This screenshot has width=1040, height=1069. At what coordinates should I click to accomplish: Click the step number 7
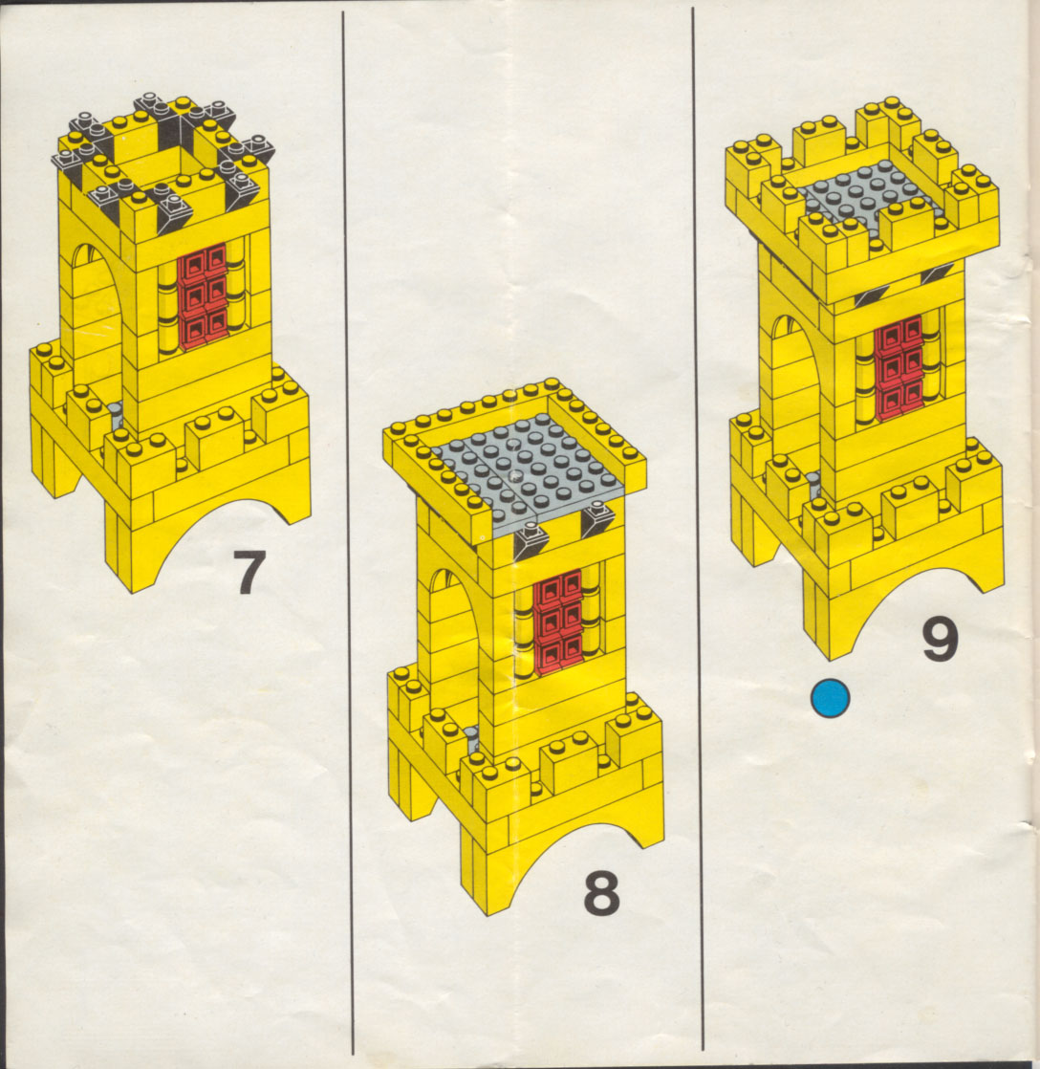tap(249, 572)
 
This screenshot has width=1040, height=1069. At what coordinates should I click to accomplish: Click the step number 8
tap(602, 892)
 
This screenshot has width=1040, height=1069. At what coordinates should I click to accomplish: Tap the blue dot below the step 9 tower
tap(830, 698)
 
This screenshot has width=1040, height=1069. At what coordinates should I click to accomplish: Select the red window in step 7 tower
tap(203, 295)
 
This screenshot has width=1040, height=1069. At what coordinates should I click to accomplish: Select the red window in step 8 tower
tap(559, 621)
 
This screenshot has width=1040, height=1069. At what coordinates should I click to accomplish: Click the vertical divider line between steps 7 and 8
tap(348, 532)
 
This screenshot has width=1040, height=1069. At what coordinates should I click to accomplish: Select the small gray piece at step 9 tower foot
tap(814, 485)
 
